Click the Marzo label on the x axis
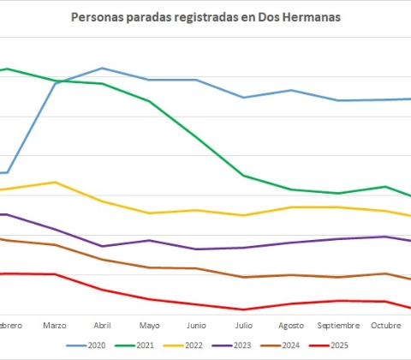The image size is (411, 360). pos(55,326)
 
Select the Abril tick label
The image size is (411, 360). pos(102,326)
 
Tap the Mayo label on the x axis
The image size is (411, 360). pos(149,326)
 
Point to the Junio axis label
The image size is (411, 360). pos(196,326)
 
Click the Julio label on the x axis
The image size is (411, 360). pos(244,326)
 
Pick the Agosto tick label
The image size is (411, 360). pos(291,326)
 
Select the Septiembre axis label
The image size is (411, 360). pos(338,326)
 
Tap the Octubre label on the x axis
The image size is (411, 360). pos(386,326)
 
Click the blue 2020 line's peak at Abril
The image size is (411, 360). pos(102,68)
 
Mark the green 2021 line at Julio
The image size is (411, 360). pos(244,176)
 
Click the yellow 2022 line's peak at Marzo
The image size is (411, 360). pos(55,182)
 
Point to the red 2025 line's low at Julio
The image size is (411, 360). pos(244,309)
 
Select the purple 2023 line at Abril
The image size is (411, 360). pos(102,246)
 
